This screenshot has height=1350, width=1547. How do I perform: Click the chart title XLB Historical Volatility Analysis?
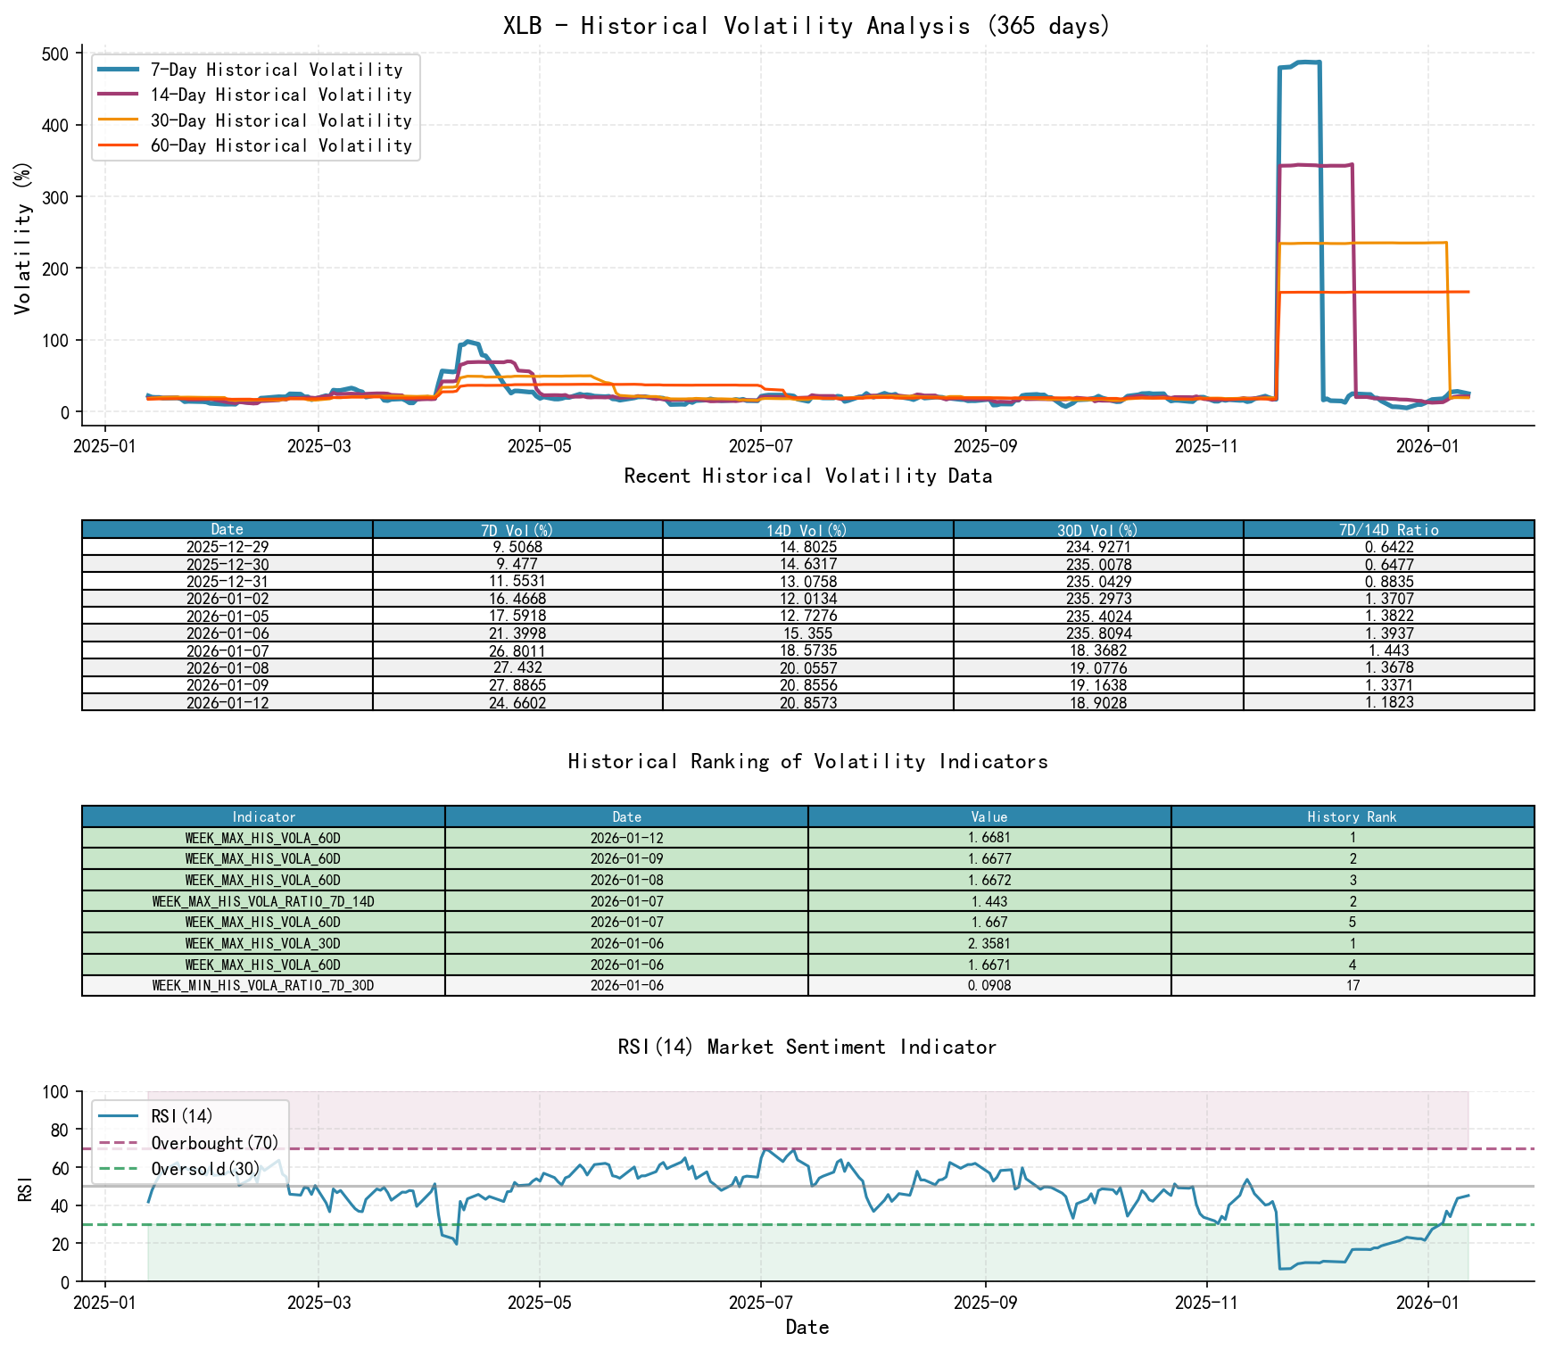pos(807,26)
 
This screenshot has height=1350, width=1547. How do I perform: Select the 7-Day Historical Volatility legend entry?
pos(276,70)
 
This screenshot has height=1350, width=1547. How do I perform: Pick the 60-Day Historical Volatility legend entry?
pos(280,145)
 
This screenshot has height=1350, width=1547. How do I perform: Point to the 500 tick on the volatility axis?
pos(55,54)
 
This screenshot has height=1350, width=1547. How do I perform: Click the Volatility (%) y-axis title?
pos(23,237)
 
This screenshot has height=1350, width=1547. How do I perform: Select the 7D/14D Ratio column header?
pos(1388,529)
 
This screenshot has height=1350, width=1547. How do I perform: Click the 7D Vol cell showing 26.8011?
pos(517,650)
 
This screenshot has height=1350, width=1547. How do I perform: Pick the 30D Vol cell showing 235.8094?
pos(1098,634)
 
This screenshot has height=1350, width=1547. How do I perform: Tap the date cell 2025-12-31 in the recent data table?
pos(227,582)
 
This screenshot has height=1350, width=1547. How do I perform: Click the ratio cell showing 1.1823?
pos(1388,702)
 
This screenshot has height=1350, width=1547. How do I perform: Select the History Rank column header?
pos(1352,816)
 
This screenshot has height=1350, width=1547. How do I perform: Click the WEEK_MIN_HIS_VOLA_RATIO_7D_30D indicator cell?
pos(263,985)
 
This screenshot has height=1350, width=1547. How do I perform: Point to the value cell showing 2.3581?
pos(989,943)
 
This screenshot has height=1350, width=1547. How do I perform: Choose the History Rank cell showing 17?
pos(1352,985)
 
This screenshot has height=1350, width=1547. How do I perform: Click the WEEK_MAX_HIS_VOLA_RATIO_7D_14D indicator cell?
pos(263,901)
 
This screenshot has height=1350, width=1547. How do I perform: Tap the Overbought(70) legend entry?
pos(214,1143)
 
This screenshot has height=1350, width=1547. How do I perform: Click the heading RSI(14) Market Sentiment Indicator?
pos(807,1047)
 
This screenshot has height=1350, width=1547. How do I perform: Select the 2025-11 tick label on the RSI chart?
pos(1206,1302)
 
